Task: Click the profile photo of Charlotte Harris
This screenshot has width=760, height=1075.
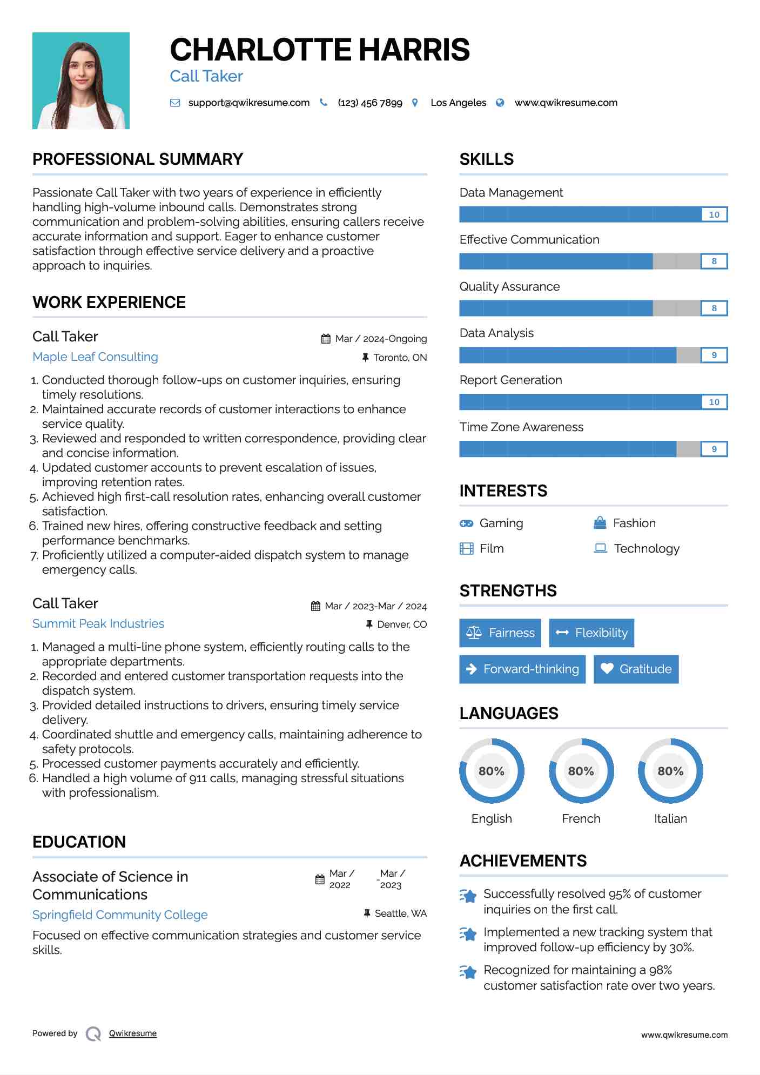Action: pos(81,80)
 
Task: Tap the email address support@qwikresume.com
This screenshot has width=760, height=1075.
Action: pos(248,103)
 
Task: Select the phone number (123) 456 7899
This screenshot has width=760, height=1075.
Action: pos(370,103)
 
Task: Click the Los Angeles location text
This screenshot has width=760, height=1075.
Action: pos(458,103)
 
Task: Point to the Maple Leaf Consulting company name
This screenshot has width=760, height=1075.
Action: pos(95,357)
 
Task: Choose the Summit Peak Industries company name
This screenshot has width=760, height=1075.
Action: pos(98,623)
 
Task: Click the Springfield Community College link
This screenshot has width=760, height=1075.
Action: pos(120,915)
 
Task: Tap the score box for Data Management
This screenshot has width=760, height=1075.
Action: pos(714,214)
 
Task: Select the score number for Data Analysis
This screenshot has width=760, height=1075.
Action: pos(714,355)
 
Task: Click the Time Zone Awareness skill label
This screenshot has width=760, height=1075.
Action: pos(521,427)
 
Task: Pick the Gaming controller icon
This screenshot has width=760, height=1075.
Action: pos(466,523)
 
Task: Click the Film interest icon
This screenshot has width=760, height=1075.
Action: pos(466,548)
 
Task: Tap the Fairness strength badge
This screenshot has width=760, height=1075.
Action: pos(500,633)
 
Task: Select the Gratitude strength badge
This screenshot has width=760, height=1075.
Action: pos(636,669)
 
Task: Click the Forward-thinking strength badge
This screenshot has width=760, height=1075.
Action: pos(522,669)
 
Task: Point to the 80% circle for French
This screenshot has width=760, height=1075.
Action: pos(581,771)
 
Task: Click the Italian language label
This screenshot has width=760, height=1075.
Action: pos(670,818)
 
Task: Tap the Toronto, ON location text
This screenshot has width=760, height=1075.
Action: pos(400,357)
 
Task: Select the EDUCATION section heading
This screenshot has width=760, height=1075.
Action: pos(79,842)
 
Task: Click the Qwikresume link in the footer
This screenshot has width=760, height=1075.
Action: pos(133,1033)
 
